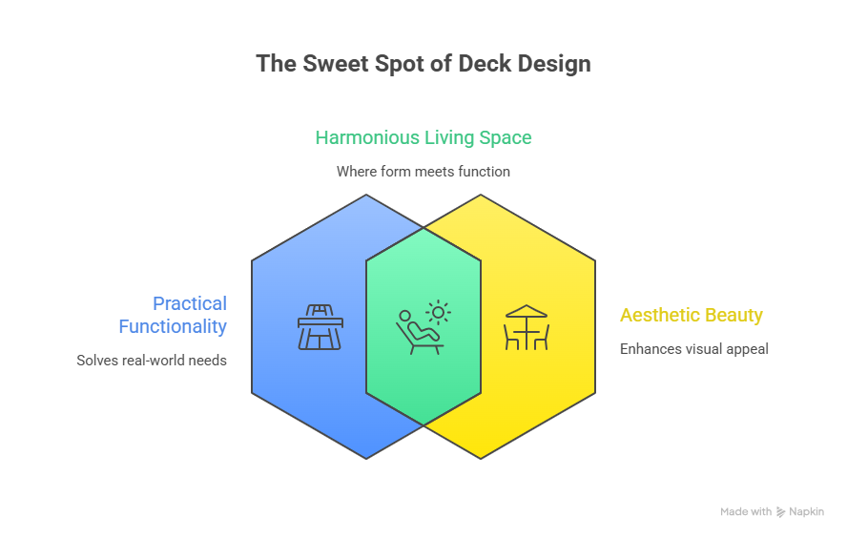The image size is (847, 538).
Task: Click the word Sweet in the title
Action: [331, 65]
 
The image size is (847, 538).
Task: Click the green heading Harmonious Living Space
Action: [423, 137]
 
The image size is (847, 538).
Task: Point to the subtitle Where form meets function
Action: [423, 172]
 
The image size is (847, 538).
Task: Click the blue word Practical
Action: [190, 303]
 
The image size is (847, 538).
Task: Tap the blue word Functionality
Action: [173, 326]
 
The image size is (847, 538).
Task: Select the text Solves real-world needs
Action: [152, 361]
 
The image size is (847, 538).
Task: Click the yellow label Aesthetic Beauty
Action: [692, 315]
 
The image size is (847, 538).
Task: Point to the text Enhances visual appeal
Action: [694, 349]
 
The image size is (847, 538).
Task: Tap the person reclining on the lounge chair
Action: [416, 332]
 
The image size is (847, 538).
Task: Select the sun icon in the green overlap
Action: [439, 311]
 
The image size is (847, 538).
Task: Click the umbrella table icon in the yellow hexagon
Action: [527, 326]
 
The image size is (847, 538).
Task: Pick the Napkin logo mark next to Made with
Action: [781, 512]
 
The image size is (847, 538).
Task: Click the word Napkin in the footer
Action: [806, 512]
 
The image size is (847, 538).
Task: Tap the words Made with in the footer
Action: [746, 512]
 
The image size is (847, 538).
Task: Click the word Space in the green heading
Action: [505, 137]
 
